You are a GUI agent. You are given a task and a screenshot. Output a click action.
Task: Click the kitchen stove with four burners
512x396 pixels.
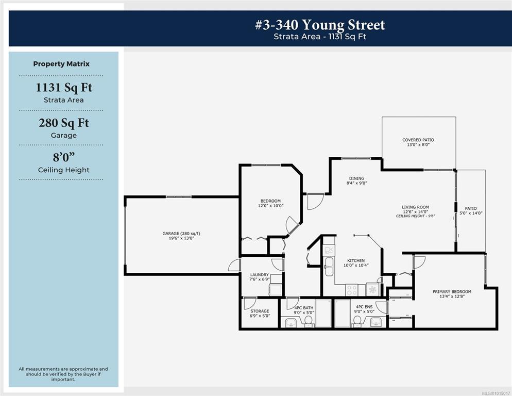352,290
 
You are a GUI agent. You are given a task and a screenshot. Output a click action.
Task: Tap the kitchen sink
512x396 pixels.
329,266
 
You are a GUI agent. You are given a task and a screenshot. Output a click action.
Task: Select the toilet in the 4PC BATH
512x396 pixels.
308,321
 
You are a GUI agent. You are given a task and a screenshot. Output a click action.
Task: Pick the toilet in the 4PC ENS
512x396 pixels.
357,321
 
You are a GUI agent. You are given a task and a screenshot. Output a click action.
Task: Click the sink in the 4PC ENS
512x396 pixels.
376,322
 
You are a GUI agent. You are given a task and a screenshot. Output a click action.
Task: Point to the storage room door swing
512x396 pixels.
250,303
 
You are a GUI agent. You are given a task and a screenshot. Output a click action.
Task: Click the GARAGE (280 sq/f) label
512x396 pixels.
181,234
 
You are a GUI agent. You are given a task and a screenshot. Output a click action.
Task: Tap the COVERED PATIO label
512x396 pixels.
418,140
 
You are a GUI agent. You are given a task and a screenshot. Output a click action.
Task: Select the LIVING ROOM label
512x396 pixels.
415,207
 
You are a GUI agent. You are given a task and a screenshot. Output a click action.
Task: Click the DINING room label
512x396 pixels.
356,178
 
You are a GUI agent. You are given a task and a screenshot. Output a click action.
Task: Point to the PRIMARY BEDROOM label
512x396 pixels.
452,292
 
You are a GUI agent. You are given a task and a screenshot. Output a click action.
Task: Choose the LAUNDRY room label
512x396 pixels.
260,275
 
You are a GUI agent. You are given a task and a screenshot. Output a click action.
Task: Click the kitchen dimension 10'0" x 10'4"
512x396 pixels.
356,265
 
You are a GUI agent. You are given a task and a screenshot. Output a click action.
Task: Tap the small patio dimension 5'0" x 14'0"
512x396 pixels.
471,213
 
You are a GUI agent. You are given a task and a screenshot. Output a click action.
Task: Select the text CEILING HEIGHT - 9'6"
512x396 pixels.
415,216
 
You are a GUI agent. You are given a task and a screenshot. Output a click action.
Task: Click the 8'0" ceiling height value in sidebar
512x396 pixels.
64,157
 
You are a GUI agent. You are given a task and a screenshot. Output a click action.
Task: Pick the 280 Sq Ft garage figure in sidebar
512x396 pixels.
64,123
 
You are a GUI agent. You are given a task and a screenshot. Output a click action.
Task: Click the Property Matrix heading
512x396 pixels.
61,64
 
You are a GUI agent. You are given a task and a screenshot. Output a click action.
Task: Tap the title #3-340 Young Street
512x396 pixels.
320,25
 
